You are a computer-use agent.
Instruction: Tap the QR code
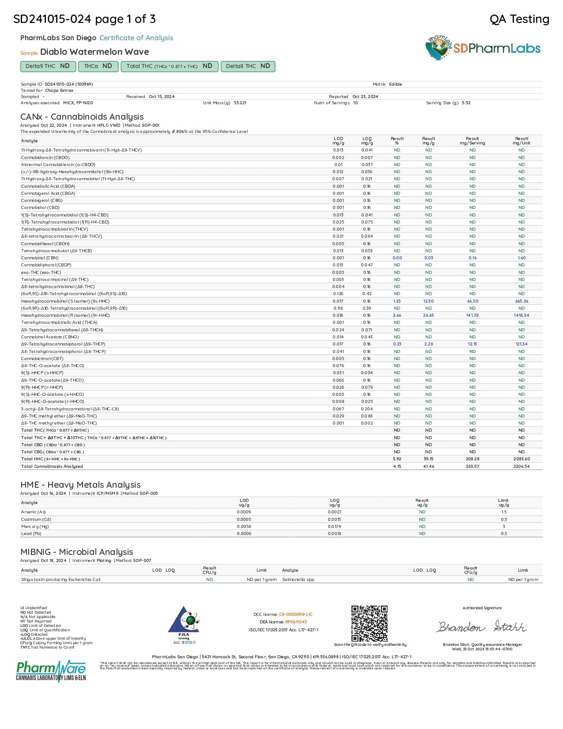pyautogui.click(x=369, y=623)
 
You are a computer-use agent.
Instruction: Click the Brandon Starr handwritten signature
pyautogui.click(x=482, y=626)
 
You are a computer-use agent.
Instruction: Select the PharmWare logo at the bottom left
pyautogui.click(x=51, y=670)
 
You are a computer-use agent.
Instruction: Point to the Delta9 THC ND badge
pyautogui.click(x=47, y=66)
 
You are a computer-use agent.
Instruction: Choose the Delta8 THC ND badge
pyautogui.click(x=248, y=66)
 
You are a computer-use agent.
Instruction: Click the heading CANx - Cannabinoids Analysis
pyautogui.click(x=82, y=117)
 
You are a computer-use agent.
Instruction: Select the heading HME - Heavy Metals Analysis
pyautogui.click(x=80, y=485)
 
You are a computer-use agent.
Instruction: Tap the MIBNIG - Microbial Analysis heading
pyautogui.click(x=77, y=552)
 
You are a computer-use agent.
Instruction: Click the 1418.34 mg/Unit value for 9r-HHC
pyautogui.click(x=521, y=315)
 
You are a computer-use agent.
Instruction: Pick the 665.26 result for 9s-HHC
pyautogui.click(x=521, y=301)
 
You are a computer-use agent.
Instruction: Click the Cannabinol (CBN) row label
pyautogui.click(x=40, y=258)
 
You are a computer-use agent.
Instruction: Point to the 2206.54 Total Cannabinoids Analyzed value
pyautogui.click(x=521, y=467)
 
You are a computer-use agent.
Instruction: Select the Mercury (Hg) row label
pyautogui.click(x=35, y=527)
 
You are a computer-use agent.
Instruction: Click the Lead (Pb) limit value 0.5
pyautogui.click(x=504, y=534)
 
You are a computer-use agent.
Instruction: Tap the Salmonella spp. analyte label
pyautogui.click(x=299, y=580)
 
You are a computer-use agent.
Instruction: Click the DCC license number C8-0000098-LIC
pyautogui.click(x=295, y=615)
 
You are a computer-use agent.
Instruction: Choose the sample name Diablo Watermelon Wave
pyautogui.click(x=94, y=52)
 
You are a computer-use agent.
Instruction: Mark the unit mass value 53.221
pyautogui.click(x=240, y=103)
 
